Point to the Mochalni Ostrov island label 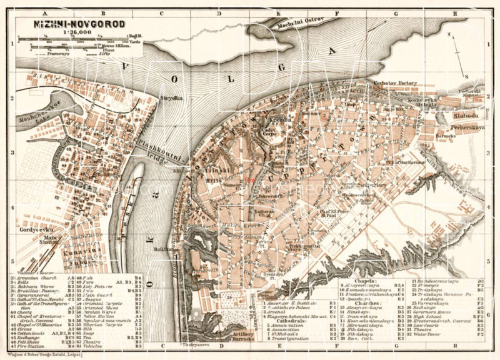296,20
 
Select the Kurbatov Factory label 392,82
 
